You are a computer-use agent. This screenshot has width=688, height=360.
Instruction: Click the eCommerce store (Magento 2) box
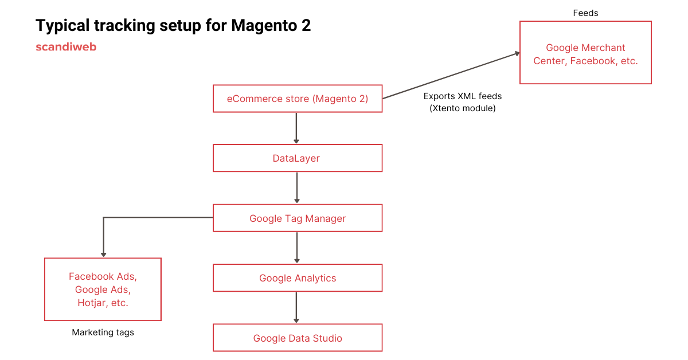(x=297, y=99)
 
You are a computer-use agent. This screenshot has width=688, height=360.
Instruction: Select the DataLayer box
(x=297, y=158)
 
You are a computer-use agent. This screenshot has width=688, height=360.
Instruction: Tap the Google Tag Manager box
(x=297, y=218)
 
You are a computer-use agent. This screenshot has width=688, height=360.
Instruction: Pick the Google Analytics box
(x=297, y=278)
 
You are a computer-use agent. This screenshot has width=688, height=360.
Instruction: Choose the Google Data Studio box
(x=297, y=338)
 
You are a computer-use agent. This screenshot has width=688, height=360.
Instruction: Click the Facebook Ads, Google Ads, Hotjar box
(x=103, y=289)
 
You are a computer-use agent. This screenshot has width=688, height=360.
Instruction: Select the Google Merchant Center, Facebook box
(x=585, y=53)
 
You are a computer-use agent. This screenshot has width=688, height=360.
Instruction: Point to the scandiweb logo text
(x=66, y=47)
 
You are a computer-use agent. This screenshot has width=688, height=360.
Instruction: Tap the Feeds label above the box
(x=585, y=13)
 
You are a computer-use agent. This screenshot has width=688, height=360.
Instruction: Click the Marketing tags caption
(x=103, y=332)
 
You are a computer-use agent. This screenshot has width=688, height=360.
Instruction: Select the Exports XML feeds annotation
(x=462, y=96)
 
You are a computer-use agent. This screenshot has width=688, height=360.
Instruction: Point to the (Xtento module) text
(x=462, y=108)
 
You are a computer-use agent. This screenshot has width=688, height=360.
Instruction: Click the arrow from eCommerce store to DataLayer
(x=296, y=127)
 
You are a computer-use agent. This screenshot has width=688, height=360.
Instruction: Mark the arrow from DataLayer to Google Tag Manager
(x=296, y=187)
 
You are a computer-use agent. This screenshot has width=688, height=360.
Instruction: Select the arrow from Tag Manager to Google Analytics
(x=296, y=247)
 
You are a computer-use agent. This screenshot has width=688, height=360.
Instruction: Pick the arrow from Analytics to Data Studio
(x=296, y=307)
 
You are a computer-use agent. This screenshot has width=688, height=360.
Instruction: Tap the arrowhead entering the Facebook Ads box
(x=103, y=253)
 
